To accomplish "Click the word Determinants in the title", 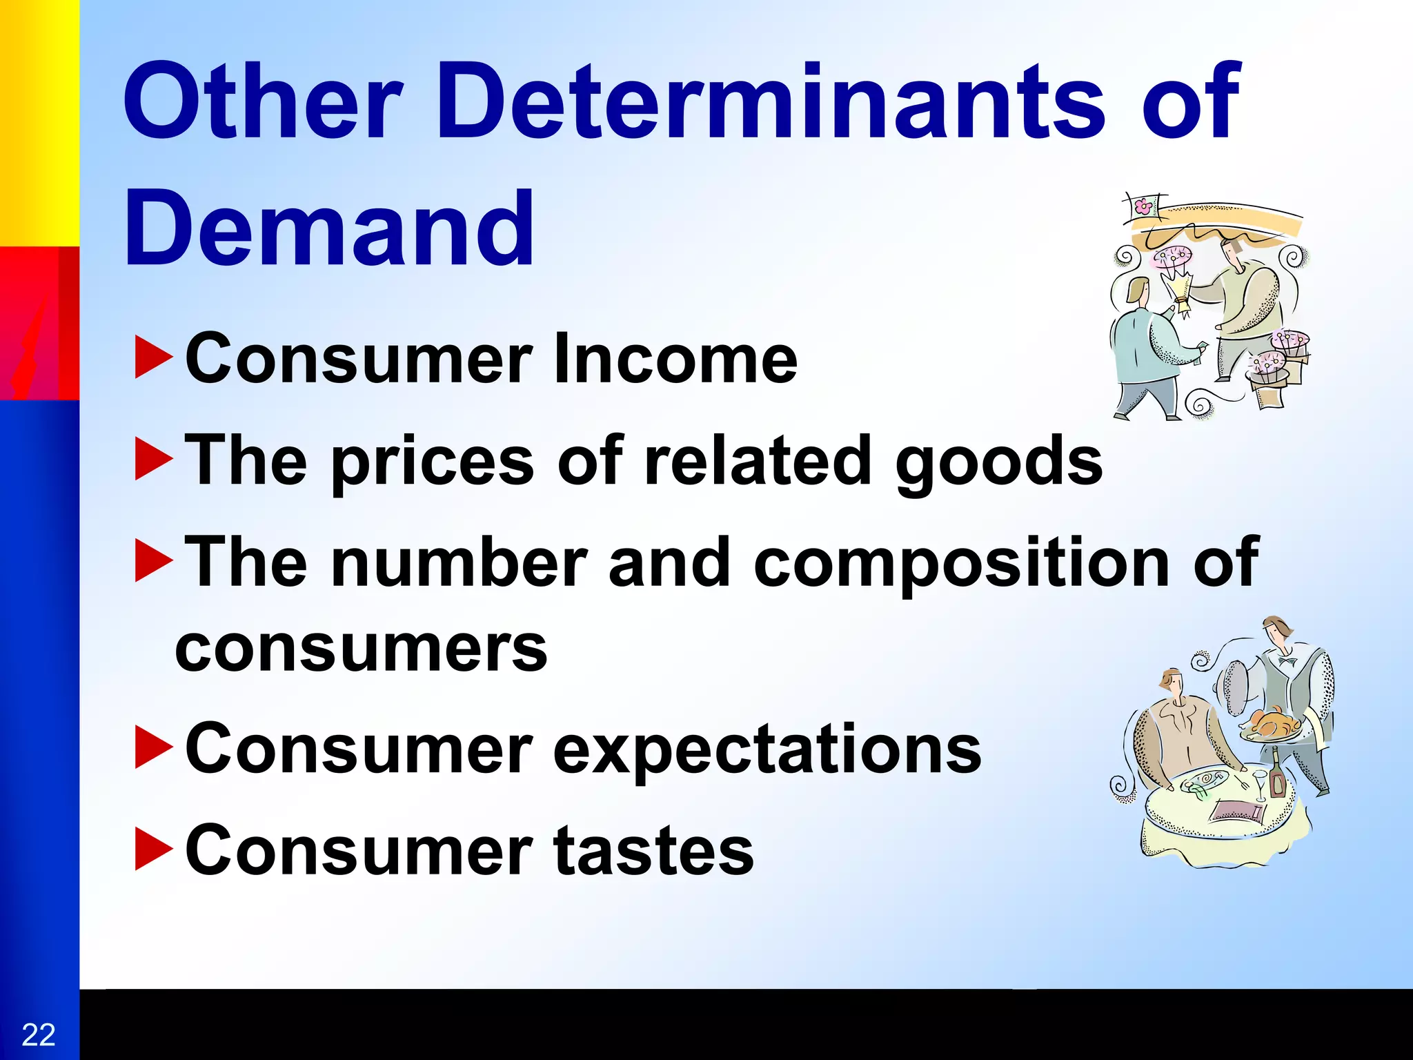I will pyautogui.click(x=779, y=101).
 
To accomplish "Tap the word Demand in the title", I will pyautogui.click(x=329, y=229).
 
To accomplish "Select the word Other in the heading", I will pyautogui.click(x=262, y=101).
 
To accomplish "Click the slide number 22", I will pyautogui.click(x=39, y=1034).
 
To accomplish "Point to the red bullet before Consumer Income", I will pyautogui.click(x=153, y=357).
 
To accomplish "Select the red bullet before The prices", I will pyautogui.click(x=153, y=460).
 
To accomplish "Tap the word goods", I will pyautogui.click(x=998, y=462).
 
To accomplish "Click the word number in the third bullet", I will pyautogui.click(x=459, y=562).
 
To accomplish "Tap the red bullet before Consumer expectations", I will pyautogui.click(x=153, y=747).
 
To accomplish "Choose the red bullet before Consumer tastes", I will pyautogui.click(x=153, y=850).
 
